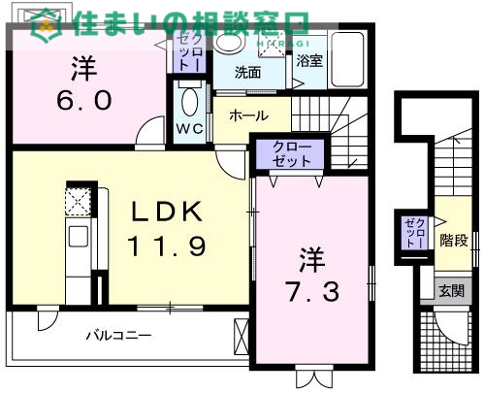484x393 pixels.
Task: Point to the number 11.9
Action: tap(166, 247)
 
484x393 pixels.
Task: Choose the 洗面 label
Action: tap(247, 71)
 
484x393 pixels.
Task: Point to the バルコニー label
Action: tap(119, 336)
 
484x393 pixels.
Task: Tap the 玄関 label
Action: tap(450, 290)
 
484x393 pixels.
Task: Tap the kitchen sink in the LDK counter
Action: tap(78, 236)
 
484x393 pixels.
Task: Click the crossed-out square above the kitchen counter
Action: tap(78, 201)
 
